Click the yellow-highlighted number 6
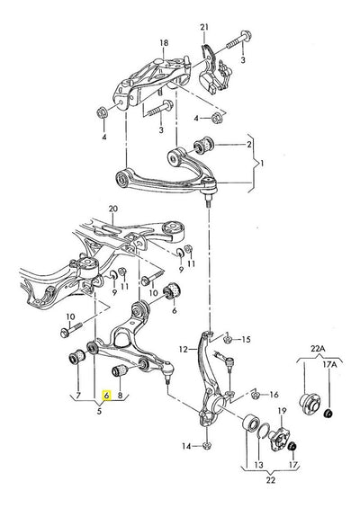coord(106,396)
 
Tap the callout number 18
coord(164,43)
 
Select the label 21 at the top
coord(204,27)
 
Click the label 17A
coord(329,364)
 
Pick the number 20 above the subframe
coord(112,209)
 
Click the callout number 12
coord(184,349)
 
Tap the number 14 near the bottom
coord(186,447)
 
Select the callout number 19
coord(283,411)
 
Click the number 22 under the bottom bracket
coord(271,479)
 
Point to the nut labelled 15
coord(227,340)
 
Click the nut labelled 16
coord(256,395)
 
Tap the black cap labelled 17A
coord(328,414)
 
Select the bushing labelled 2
coord(203,144)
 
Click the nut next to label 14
coord(207,446)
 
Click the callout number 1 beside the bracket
coord(262,163)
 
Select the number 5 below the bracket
coord(99,411)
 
